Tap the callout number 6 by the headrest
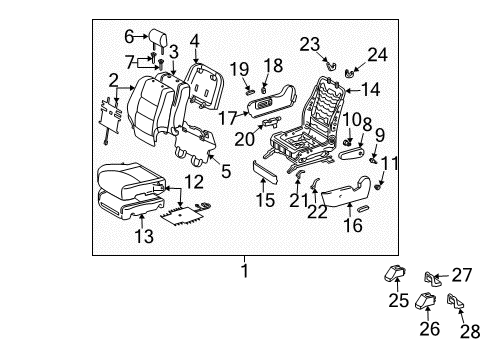click(x=128, y=37)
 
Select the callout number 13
click(x=145, y=237)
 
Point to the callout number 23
click(x=309, y=42)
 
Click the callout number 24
click(x=377, y=55)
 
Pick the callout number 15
click(x=264, y=200)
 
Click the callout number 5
click(x=225, y=171)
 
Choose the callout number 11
click(x=390, y=162)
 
